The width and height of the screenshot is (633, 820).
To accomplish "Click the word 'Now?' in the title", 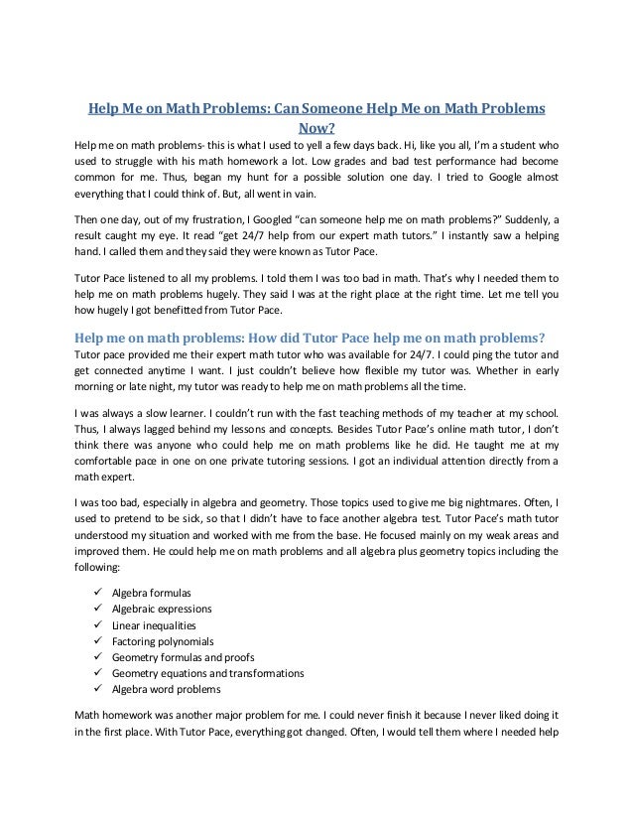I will pyautogui.click(x=316, y=127).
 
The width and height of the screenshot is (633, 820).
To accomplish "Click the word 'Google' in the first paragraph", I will pyautogui.click(x=489, y=178).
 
